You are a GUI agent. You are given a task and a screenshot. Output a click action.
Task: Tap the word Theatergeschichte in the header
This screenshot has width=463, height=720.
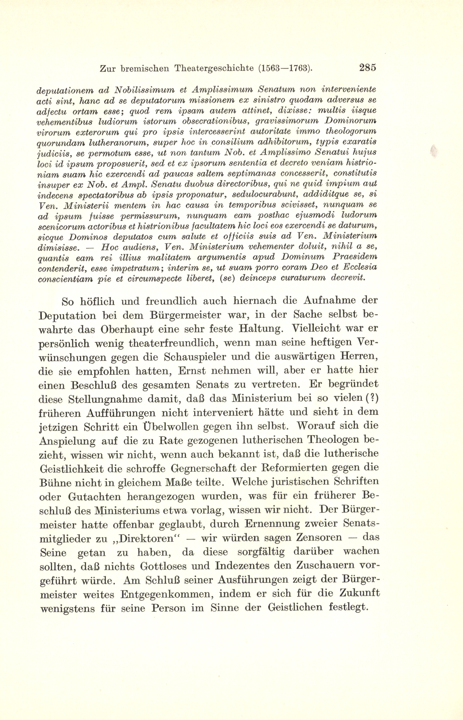(x=214, y=69)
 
